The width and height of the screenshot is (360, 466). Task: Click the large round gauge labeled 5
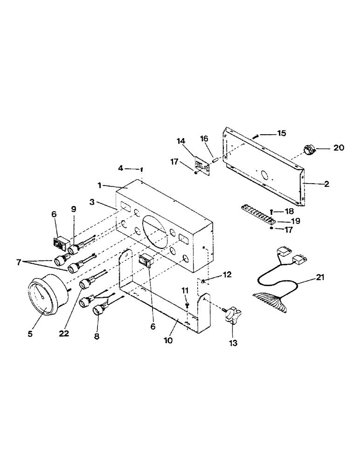point(44,297)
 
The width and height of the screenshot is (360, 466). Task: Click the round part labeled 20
point(308,150)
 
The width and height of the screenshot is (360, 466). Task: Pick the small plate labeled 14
point(202,166)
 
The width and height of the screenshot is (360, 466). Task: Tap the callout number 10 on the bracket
point(168,340)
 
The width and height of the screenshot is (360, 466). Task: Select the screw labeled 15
point(256,136)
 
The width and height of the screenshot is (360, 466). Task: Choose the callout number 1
point(99,185)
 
